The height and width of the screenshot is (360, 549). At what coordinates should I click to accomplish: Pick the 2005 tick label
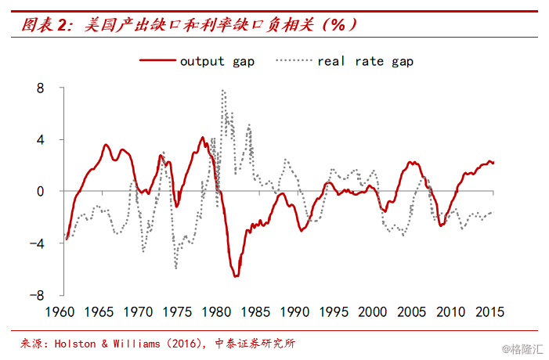[x=411, y=312]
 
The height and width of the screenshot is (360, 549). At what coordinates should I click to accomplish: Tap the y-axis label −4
[x=34, y=243]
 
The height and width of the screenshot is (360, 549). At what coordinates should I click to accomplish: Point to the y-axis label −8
[x=34, y=295]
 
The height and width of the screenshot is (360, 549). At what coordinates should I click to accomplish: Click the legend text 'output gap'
[x=217, y=60]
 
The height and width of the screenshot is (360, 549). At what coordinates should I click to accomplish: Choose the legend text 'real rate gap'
[x=365, y=60]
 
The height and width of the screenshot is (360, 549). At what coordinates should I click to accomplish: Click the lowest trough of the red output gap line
[x=235, y=276]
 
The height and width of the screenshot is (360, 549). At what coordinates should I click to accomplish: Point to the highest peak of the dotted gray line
[x=223, y=90]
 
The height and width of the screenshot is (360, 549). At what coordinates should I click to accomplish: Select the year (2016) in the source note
[x=182, y=344]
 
